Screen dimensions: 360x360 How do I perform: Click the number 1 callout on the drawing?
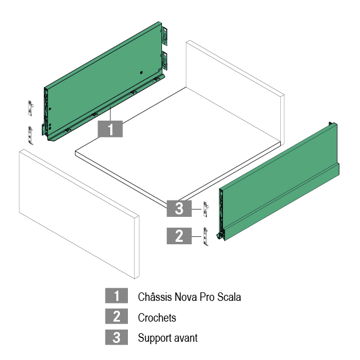110,129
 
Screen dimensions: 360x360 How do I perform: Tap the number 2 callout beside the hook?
179,236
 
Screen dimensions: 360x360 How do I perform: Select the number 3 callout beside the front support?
179,208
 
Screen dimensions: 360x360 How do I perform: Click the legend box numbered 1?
116,295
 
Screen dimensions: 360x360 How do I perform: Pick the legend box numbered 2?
116,316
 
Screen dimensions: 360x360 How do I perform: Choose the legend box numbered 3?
116,337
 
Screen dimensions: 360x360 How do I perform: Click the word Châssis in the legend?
155,297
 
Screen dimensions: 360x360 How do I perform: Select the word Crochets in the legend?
157,318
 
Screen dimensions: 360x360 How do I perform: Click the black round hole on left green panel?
141,72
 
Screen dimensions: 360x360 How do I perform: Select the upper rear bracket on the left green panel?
164,36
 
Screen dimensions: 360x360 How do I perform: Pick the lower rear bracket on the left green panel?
164,60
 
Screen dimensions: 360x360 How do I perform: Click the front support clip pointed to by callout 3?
206,209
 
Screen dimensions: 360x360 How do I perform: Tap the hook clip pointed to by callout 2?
206,236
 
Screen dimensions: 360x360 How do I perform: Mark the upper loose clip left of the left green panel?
30,108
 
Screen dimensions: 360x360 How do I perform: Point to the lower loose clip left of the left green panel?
30,135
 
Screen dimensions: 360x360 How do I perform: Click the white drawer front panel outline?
79,214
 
